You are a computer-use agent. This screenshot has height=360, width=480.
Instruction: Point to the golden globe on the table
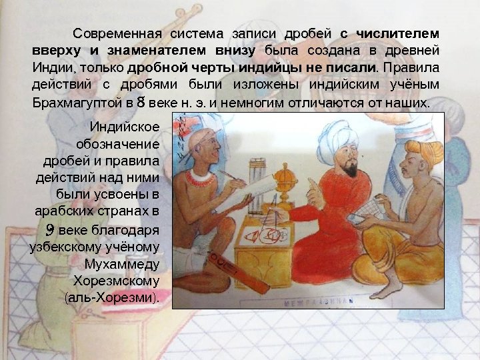pyautogui.click(x=285, y=175)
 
